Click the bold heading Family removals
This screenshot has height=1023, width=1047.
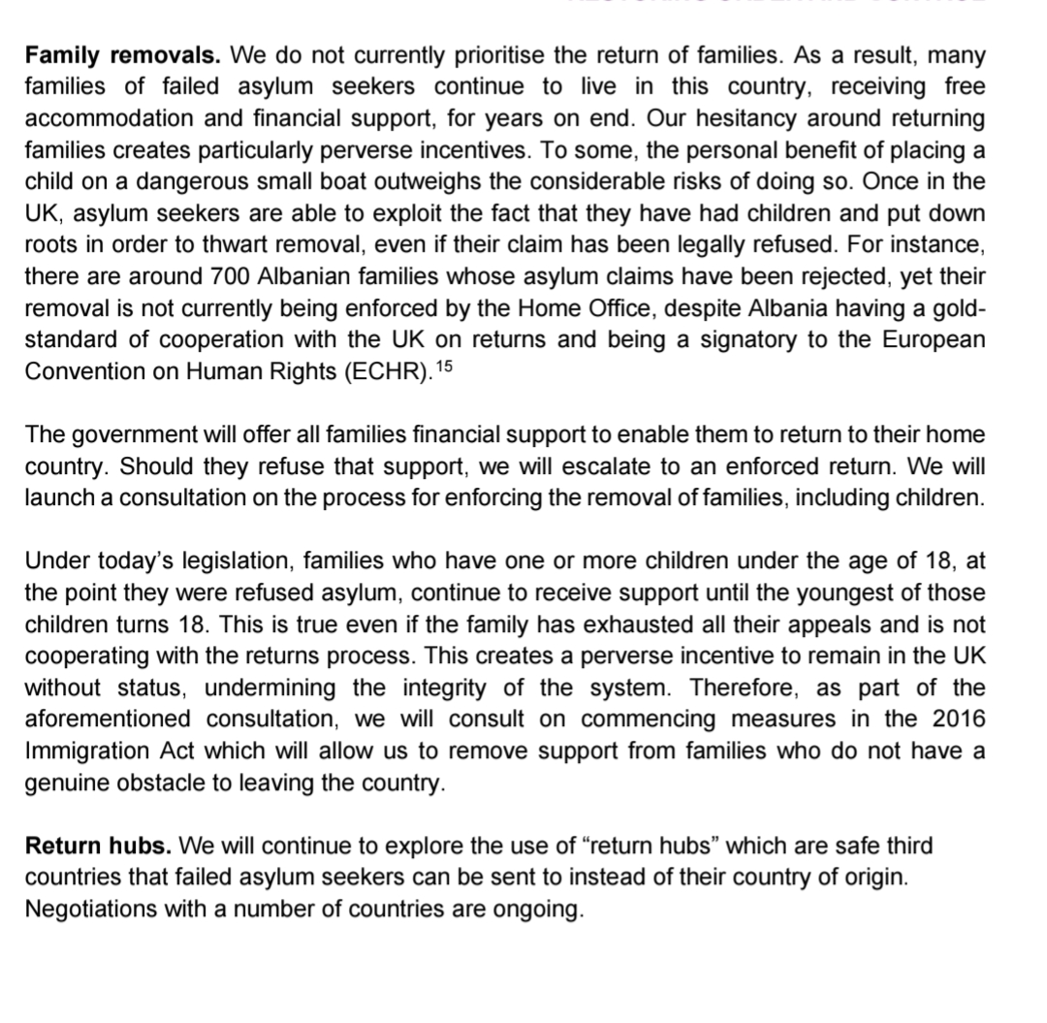(121, 55)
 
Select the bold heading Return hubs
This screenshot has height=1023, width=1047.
(99, 846)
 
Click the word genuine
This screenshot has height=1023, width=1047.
(73, 783)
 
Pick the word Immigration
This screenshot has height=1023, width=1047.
(101, 751)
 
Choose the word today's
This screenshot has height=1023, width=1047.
(136, 560)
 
